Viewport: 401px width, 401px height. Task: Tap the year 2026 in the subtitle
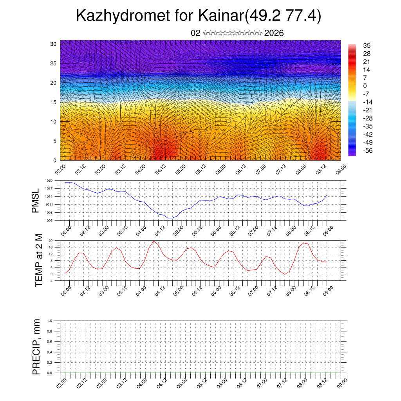point(274,33)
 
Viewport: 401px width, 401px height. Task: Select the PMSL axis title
point(36,200)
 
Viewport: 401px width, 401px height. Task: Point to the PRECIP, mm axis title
point(36,347)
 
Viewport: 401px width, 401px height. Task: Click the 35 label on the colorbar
point(367,46)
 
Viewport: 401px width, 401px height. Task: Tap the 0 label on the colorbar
point(365,86)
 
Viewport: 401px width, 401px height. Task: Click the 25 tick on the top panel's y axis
point(53,63)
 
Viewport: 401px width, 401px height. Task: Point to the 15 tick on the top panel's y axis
point(53,102)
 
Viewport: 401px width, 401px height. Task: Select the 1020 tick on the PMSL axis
point(49,181)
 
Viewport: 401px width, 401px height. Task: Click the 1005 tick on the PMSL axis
point(49,220)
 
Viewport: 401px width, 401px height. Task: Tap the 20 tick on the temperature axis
point(51,240)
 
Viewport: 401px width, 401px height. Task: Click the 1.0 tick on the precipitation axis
point(49,321)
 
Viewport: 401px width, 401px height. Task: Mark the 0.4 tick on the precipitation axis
point(49,352)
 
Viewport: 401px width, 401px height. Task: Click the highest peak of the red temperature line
point(154,241)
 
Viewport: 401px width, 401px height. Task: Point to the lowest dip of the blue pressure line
point(170,218)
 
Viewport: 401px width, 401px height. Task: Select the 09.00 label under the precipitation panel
point(341,383)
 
